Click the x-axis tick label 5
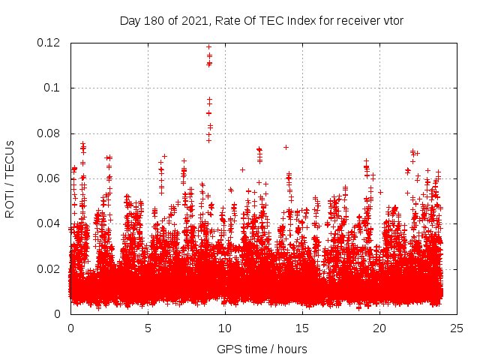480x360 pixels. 148,328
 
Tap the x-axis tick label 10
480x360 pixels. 225,328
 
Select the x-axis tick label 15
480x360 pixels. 302,328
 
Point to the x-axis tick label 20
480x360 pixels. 379,328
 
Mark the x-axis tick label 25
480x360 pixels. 457,328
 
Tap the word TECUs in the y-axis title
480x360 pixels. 10,157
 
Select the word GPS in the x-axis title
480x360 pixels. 228,349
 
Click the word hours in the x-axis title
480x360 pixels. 292,349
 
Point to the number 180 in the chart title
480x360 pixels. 153,20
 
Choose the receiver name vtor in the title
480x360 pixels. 392,20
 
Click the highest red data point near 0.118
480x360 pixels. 208,46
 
